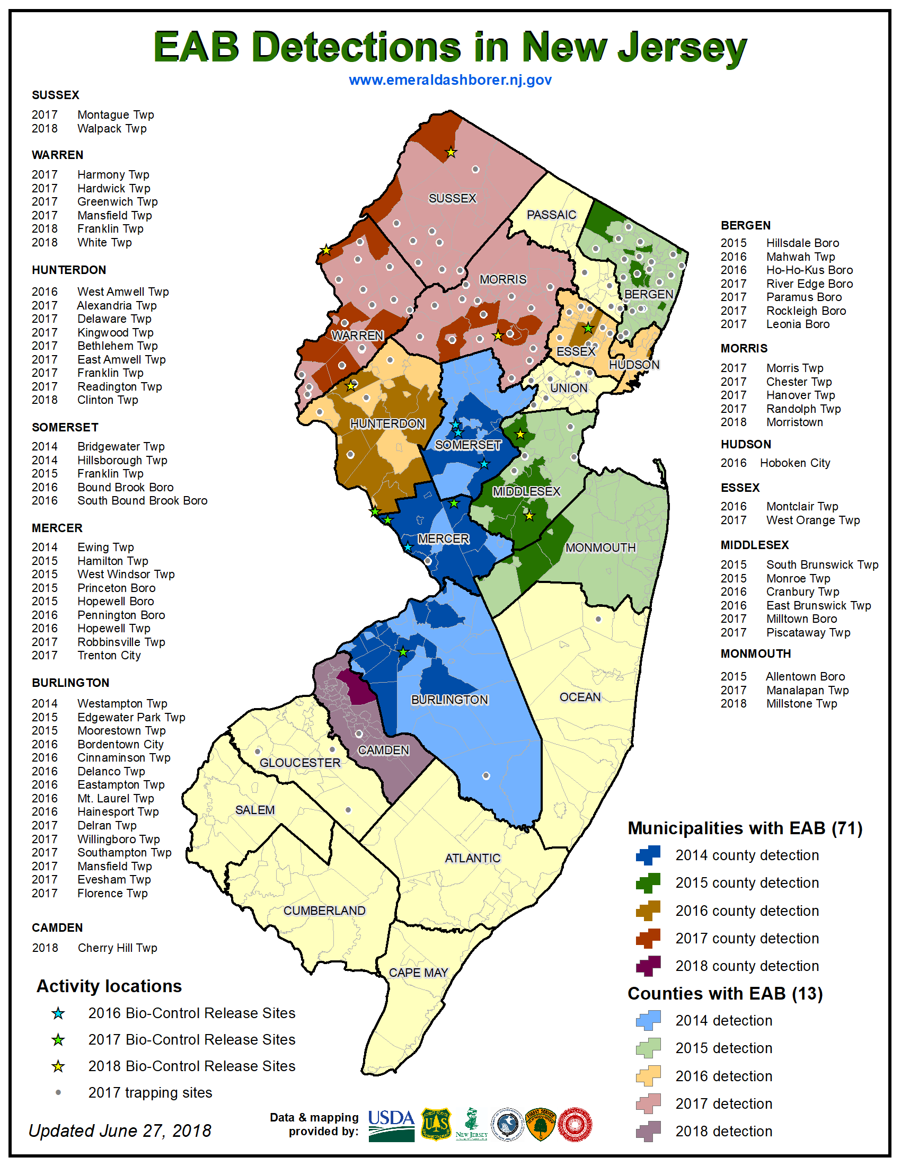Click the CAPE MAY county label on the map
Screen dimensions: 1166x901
418,972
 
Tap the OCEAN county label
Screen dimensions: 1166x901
580,697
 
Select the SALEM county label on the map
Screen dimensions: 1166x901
254,810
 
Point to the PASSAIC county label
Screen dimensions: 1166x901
551,215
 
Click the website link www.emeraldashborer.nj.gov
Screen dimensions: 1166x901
450,80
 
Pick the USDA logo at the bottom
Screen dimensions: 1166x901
391,1125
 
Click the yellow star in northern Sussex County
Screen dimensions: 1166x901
451,153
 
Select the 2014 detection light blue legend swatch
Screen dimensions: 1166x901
648,1020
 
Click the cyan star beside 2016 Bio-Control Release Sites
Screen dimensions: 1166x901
58,1013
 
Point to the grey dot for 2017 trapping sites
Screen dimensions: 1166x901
58,1092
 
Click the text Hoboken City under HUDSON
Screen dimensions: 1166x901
795,463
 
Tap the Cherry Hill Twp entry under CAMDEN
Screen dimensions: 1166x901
117,948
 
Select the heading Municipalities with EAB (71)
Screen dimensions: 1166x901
745,828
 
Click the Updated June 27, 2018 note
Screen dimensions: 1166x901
120,1130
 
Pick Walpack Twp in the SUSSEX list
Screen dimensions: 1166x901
111,129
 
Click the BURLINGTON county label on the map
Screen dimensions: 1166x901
449,700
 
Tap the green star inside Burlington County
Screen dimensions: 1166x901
403,652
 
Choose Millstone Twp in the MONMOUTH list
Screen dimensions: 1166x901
801,704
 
